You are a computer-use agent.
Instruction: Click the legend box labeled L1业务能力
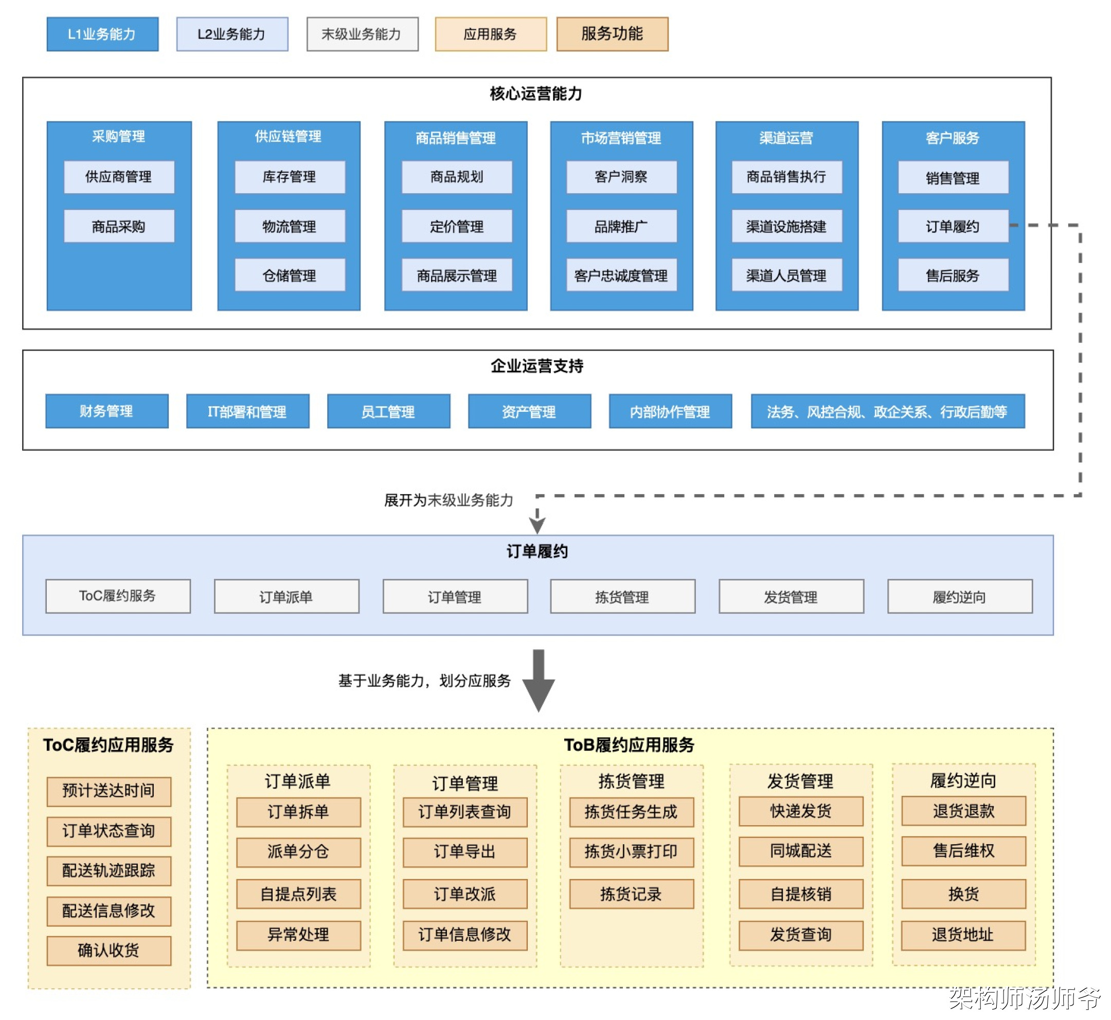(102, 34)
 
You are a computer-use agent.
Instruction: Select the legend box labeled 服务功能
(612, 34)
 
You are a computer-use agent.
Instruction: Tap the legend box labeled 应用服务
(490, 34)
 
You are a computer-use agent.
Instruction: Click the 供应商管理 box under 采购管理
(119, 177)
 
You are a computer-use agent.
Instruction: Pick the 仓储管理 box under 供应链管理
(290, 276)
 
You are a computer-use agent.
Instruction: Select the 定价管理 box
(457, 226)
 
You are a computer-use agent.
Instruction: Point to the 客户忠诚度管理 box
(621, 276)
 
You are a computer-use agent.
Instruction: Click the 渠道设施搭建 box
(786, 226)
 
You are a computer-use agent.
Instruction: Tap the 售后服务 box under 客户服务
(953, 276)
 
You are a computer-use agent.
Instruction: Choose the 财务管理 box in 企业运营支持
(106, 411)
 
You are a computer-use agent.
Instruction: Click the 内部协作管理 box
(670, 411)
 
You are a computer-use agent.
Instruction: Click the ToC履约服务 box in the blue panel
(118, 596)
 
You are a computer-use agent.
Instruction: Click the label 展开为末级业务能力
(449, 500)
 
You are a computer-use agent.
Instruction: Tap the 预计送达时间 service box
(109, 791)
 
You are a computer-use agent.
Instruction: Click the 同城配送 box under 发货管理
(801, 851)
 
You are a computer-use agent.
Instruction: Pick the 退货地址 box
(963, 935)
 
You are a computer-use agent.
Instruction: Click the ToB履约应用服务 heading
(629, 745)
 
